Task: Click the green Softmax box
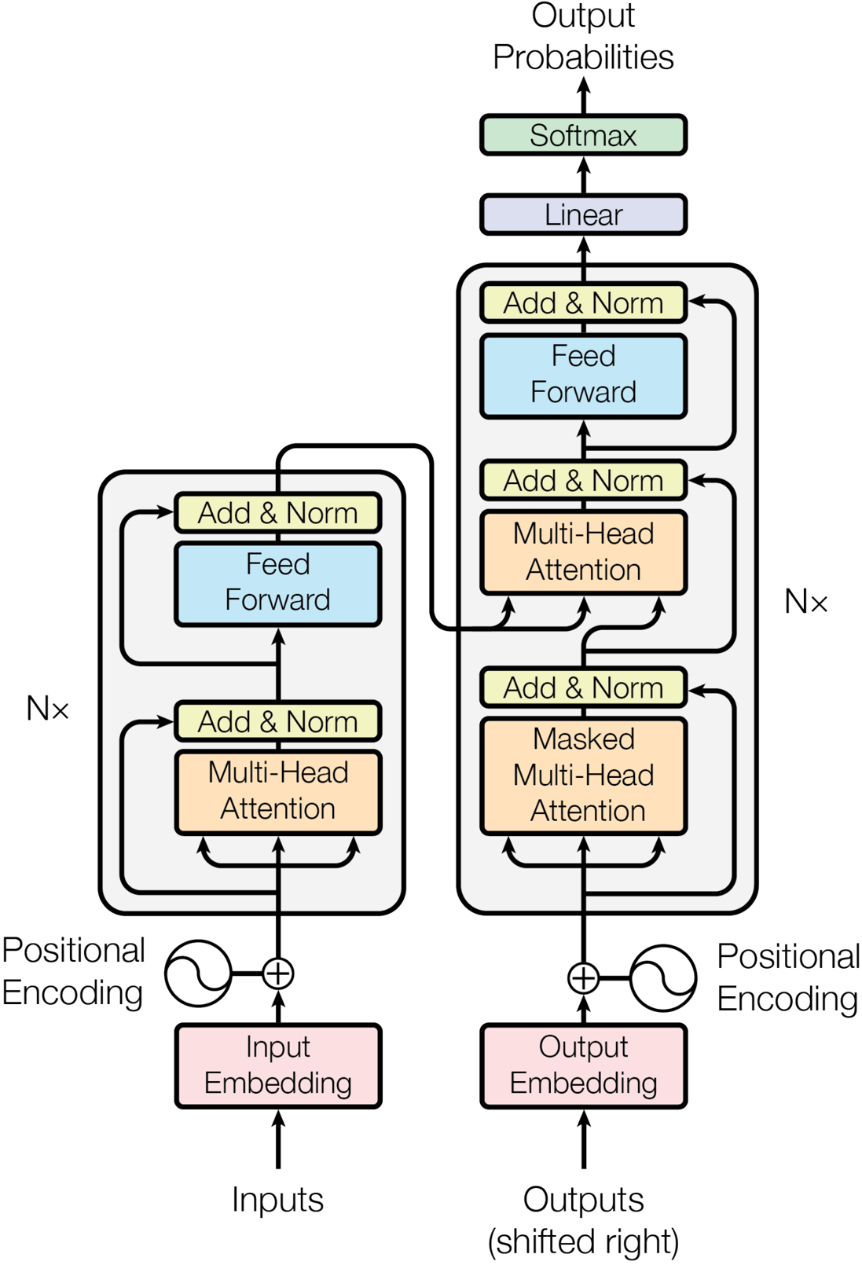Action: tap(583, 135)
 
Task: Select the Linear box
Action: tap(583, 214)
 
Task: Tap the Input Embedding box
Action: tap(278, 1066)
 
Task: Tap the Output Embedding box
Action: tap(583, 1066)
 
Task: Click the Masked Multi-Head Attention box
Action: tap(583, 775)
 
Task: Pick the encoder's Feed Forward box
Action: tap(278, 583)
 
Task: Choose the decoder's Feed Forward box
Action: tap(583, 376)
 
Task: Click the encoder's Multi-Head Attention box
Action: tap(278, 791)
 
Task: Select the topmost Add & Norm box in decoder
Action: tap(583, 302)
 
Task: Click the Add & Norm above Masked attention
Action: tap(583, 687)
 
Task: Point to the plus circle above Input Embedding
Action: tap(278, 973)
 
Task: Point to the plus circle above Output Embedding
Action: tap(583, 978)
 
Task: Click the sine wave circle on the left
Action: tap(199, 973)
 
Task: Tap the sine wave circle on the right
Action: tap(663, 978)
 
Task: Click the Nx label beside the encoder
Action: tap(47, 709)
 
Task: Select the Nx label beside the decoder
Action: tap(805, 602)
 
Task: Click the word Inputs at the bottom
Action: tap(277, 1200)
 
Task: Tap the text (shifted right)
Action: tap(583, 1241)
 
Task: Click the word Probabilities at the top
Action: tap(583, 57)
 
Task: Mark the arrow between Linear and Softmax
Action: tap(583, 174)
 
